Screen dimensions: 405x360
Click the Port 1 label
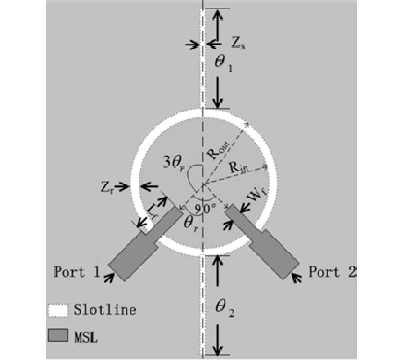coord(76,272)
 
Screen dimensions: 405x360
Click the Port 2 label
coord(333,272)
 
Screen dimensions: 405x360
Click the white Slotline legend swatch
coord(58,310)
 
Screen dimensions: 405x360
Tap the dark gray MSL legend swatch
coord(58,335)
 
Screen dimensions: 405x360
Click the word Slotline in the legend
coord(105,310)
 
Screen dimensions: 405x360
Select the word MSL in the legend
coord(86,337)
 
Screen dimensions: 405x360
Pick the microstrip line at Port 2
coord(262,242)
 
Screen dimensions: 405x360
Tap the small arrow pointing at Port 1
coord(109,278)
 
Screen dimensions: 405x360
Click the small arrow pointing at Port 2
coord(296,278)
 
